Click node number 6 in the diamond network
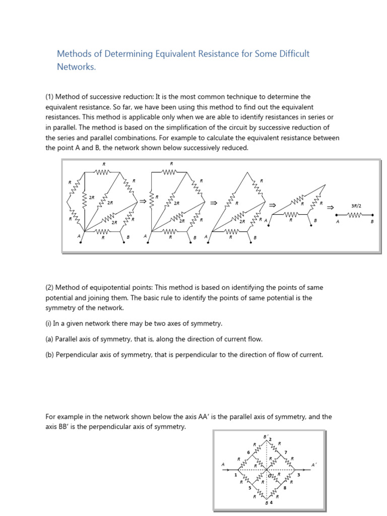pyautogui.click(x=248, y=452)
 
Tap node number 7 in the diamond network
pyautogui.click(x=286, y=452)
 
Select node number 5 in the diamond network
pyautogui.click(x=249, y=488)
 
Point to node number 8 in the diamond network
pyautogui.click(x=285, y=488)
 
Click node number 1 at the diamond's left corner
pyautogui.click(x=235, y=475)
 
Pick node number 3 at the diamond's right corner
pyautogui.click(x=299, y=475)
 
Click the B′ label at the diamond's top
pyautogui.click(x=267, y=436)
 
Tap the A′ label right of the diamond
pyautogui.click(x=314, y=465)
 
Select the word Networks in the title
pyautogui.click(x=76, y=67)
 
